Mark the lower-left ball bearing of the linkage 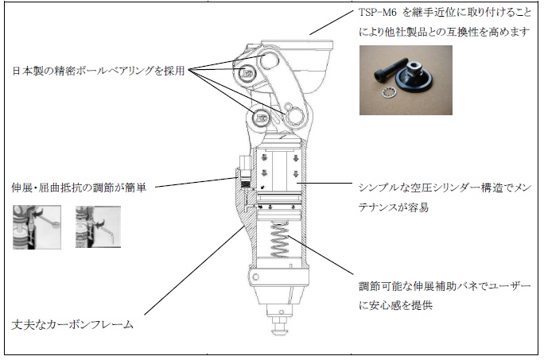262,119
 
